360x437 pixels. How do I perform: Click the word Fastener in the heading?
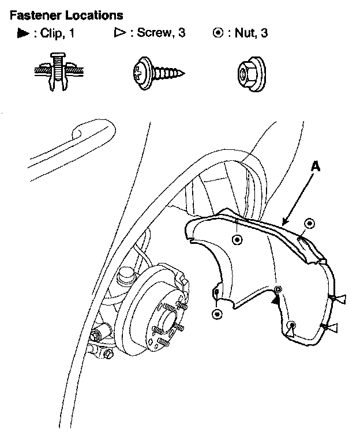[x=35, y=14]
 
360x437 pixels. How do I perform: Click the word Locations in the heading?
[x=92, y=14]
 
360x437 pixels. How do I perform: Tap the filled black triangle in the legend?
[x=24, y=34]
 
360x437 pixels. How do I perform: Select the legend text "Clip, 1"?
[x=58, y=34]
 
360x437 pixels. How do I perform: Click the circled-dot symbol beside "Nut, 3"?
[x=218, y=33]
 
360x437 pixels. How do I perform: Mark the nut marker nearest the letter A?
[x=309, y=224]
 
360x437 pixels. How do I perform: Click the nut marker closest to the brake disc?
[x=217, y=314]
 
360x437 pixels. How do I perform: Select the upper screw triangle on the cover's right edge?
[x=340, y=298]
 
